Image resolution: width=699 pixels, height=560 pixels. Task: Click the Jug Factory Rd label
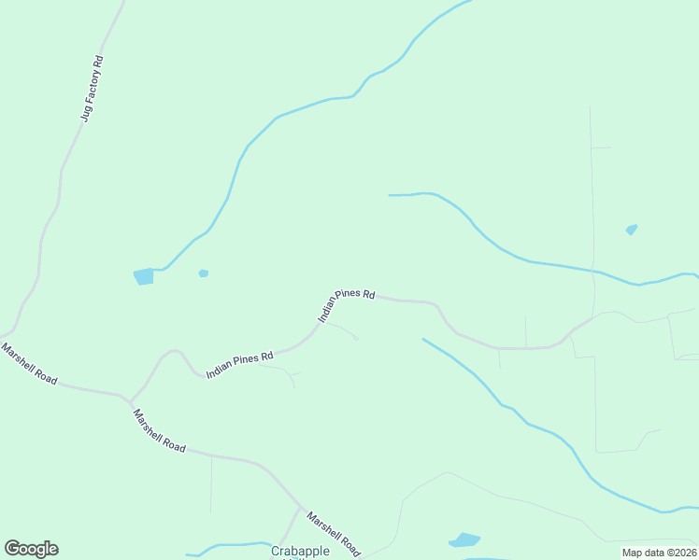(92, 90)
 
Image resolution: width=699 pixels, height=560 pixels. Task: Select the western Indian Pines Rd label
(239, 363)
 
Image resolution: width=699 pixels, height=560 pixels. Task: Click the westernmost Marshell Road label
(29, 364)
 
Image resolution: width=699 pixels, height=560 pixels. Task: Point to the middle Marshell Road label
(159, 430)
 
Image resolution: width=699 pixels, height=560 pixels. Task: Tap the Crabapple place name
(300, 551)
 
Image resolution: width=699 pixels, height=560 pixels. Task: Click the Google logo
(31, 549)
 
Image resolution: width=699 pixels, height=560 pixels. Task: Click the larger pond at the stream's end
(143, 276)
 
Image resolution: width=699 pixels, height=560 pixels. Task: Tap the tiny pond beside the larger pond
(203, 273)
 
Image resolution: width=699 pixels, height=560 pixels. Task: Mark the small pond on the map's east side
(632, 229)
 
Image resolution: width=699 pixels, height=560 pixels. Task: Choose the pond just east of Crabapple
(464, 539)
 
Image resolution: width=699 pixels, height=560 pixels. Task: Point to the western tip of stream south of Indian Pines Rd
(423, 339)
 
